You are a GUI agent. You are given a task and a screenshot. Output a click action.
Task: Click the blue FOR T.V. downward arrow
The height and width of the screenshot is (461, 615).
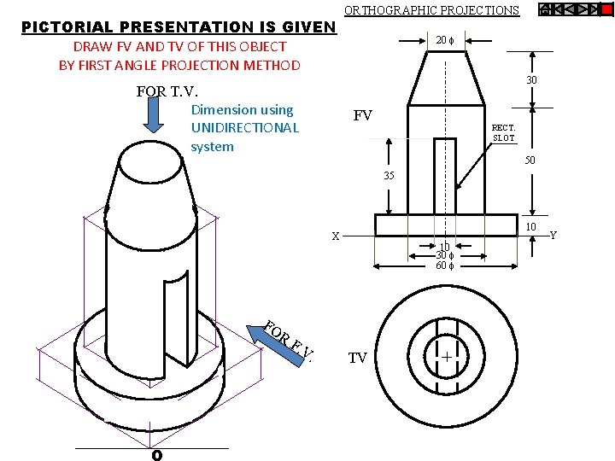(x=154, y=114)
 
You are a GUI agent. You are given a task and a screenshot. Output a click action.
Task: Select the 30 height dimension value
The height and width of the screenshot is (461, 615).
(x=531, y=79)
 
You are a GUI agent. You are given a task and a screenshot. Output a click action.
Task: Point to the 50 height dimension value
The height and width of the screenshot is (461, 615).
(x=530, y=160)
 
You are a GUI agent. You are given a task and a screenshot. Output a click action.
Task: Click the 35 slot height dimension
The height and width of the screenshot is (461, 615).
(x=389, y=176)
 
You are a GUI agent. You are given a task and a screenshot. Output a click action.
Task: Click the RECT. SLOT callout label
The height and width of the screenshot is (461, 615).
(x=503, y=132)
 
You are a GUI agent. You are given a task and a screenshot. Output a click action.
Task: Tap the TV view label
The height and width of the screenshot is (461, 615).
(x=357, y=358)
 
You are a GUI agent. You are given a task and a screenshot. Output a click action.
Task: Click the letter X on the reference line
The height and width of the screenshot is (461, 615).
(x=336, y=236)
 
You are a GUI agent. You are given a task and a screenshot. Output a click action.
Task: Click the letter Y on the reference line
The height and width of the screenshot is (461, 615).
(x=553, y=234)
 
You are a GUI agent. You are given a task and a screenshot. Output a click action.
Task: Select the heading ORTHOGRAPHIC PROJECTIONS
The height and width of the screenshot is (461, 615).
(x=430, y=10)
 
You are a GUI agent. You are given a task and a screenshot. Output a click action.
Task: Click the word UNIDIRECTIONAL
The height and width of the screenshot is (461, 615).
(x=245, y=128)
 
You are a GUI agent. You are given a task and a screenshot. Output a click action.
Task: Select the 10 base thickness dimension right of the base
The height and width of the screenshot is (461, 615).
(x=530, y=228)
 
